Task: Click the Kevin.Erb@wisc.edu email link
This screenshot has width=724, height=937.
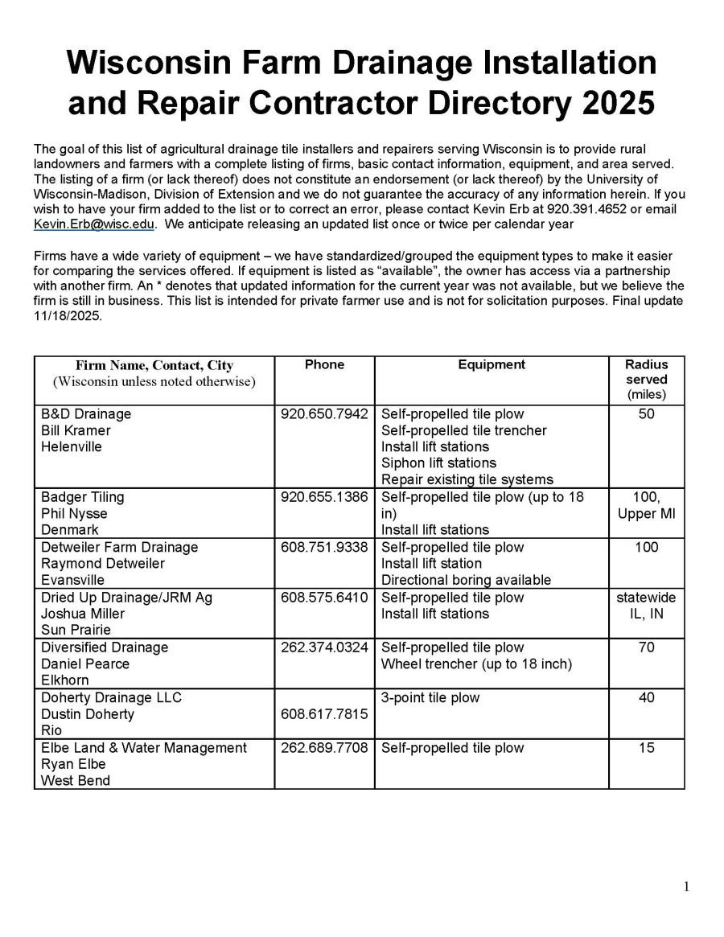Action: (93, 224)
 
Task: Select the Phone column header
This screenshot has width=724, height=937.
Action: (324, 365)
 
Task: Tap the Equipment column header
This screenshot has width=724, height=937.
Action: (491, 365)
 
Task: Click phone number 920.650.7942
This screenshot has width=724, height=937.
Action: (324, 414)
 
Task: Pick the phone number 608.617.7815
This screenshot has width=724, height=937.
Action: (324, 714)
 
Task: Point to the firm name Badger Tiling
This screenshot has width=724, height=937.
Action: (83, 497)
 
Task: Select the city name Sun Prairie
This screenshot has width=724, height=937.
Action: (76, 630)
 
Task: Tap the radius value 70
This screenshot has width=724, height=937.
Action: (646, 647)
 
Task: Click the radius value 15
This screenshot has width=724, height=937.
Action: (646, 748)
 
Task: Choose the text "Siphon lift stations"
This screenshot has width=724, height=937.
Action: (438, 463)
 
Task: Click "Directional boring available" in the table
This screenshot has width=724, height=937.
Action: (466, 580)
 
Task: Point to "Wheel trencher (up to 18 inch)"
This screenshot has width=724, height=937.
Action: (476, 664)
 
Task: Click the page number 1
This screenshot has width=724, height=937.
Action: (686, 887)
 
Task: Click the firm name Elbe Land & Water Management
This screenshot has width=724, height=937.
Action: (144, 748)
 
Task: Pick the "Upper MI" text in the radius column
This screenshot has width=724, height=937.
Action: (646, 513)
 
